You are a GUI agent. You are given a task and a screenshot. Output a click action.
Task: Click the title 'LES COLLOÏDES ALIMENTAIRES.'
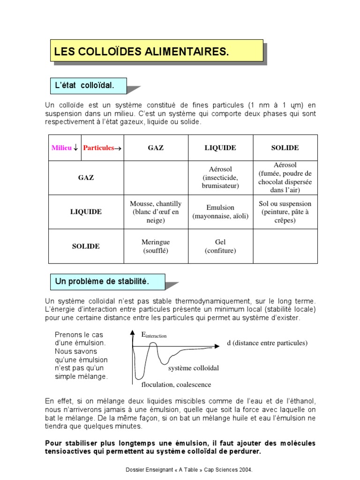coord(142,52)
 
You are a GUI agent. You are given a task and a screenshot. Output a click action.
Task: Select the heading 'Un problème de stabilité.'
coord(102,282)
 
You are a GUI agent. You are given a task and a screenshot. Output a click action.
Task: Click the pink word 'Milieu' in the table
coord(62,148)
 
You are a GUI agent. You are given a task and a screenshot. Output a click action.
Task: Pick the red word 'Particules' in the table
coord(99,148)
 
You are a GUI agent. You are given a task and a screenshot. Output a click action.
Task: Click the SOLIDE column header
coord(285,148)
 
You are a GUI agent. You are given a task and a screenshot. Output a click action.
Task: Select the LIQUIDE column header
coord(220,148)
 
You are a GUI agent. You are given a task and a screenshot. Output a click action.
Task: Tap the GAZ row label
coord(86,178)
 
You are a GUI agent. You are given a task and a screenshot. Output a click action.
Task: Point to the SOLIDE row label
coord(86,246)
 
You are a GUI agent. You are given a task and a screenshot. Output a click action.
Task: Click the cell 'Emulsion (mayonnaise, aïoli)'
coord(220,212)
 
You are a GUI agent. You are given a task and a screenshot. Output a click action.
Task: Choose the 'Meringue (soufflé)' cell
coord(156,246)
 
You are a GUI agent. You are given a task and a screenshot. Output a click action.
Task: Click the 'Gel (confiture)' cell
coord(220,246)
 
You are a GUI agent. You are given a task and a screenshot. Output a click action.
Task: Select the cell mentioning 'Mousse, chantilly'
coord(156,212)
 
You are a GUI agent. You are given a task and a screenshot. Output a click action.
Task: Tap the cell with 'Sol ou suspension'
coord(285,212)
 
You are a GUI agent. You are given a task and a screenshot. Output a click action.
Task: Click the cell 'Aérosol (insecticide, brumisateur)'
coord(220,178)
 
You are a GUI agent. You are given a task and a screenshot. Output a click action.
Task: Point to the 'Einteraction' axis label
coord(154,335)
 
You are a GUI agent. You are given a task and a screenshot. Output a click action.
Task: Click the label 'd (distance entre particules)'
coord(267,343)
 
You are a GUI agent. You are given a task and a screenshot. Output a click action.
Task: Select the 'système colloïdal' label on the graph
coord(194,368)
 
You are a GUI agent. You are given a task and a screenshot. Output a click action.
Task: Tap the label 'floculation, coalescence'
coord(176,385)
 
